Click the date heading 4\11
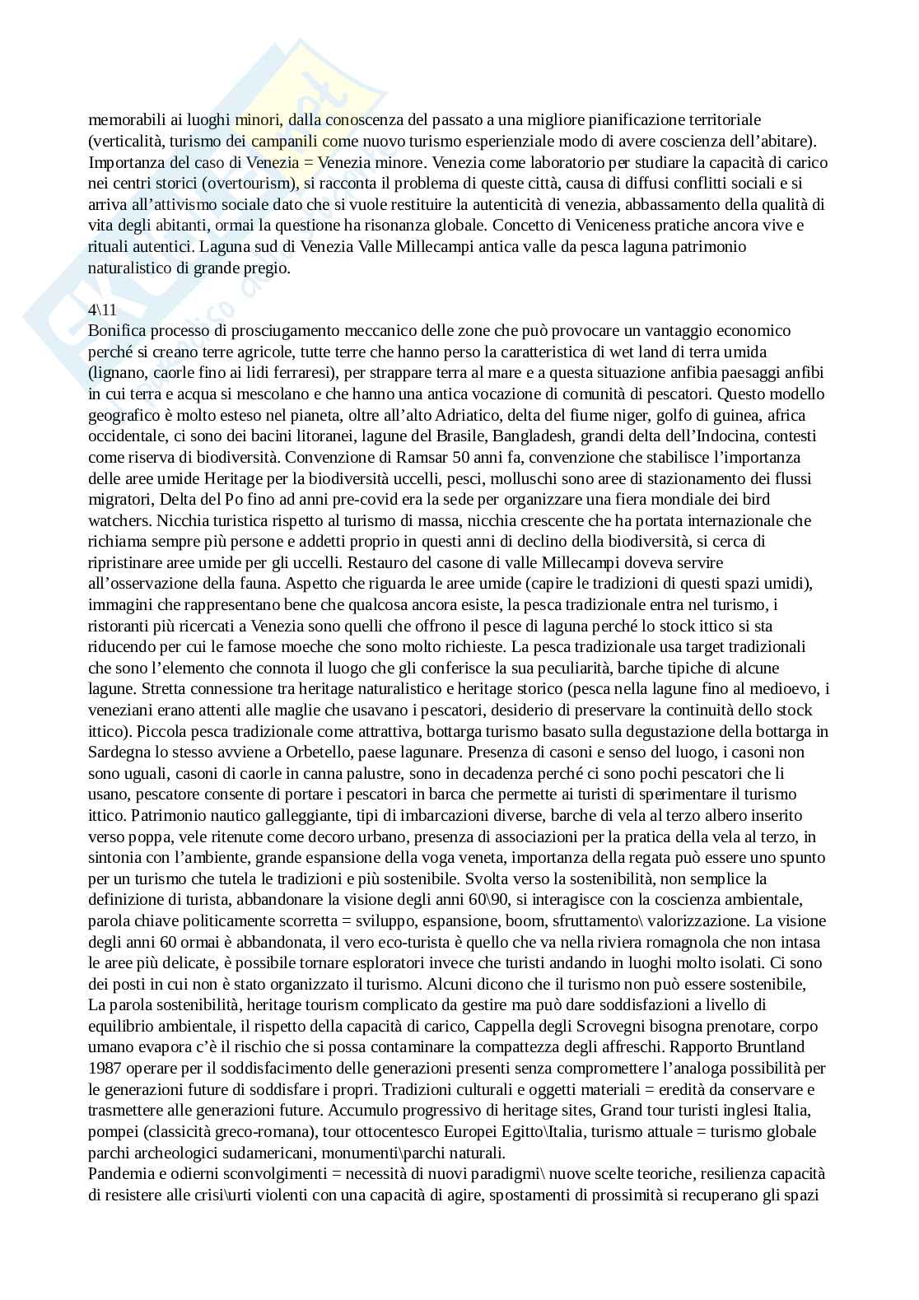(103, 310)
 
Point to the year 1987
(105, 1069)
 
